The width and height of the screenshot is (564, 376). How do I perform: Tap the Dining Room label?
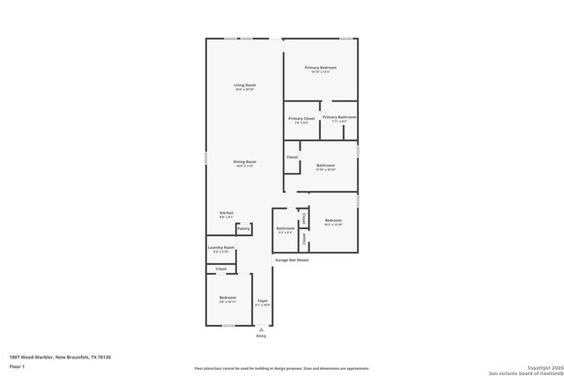[244, 162]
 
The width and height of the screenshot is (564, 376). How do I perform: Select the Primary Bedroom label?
[321, 68]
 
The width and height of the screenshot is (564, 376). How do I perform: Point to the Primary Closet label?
[302, 118]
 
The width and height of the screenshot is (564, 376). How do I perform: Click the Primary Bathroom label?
[339, 117]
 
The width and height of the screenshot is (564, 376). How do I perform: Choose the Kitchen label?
[226, 213]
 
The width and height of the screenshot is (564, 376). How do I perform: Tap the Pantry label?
[244, 229]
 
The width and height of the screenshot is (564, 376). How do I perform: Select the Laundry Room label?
[220, 248]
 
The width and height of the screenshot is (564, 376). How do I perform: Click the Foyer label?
[263, 301]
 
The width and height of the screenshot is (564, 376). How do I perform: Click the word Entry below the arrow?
[261, 336]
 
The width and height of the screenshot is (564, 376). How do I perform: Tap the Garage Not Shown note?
[292, 261]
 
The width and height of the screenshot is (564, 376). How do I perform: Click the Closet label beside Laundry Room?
[221, 269]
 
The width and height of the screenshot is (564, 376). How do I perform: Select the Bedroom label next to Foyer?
[228, 298]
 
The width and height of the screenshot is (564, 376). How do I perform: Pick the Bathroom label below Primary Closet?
[326, 165]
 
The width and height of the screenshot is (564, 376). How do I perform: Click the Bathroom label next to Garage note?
[286, 229]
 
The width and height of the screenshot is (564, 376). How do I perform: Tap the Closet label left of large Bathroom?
[293, 158]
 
